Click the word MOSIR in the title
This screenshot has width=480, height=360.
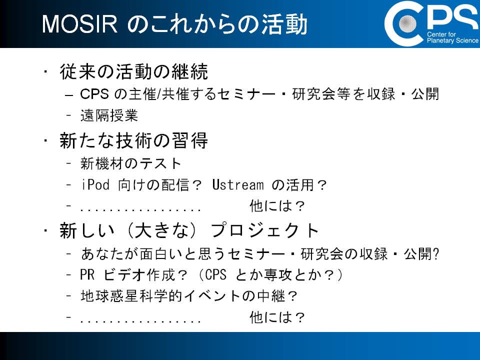coord(80,24)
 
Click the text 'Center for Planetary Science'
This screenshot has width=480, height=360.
coord(453,37)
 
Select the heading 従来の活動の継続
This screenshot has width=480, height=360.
coord(134,71)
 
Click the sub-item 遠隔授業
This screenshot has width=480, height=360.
coord(109,115)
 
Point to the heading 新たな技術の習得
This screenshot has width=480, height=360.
coord(134,140)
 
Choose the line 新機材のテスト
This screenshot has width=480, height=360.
coord(131,163)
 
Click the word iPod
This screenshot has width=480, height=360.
coord(95,184)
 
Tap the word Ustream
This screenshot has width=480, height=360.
coord(238,184)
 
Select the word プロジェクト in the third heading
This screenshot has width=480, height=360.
coord(265,230)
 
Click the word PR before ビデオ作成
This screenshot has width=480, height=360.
coord(87,274)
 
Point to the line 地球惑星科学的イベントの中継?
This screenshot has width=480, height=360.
coord(189,295)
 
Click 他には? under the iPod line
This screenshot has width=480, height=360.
coord(277,205)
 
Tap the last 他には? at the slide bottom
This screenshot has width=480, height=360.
coord(277,317)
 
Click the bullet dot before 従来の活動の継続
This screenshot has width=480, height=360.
coord(45,72)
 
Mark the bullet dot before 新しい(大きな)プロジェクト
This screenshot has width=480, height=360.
coord(45,231)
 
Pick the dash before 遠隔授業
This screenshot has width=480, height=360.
coord(69,115)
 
